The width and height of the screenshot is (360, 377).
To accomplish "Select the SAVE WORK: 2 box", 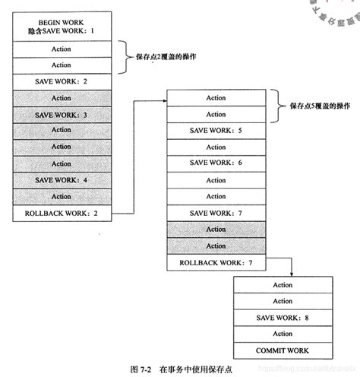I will (x=62, y=81).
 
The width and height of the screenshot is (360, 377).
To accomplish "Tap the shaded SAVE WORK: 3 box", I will (x=62, y=114).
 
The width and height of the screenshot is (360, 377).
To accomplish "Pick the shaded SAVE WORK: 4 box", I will (x=62, y=179).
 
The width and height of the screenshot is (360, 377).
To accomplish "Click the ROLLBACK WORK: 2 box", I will (x=62, y=213).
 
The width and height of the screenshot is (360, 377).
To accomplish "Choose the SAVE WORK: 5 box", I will (x=216, y=130).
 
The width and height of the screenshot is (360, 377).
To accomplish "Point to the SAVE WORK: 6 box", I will (x=216, y=163).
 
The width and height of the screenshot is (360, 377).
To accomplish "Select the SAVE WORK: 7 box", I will (x=216, y=212).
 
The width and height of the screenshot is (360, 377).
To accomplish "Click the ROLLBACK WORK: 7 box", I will (x=216, y=262).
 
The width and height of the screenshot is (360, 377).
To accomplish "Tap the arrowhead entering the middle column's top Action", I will (x=163, y=97).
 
